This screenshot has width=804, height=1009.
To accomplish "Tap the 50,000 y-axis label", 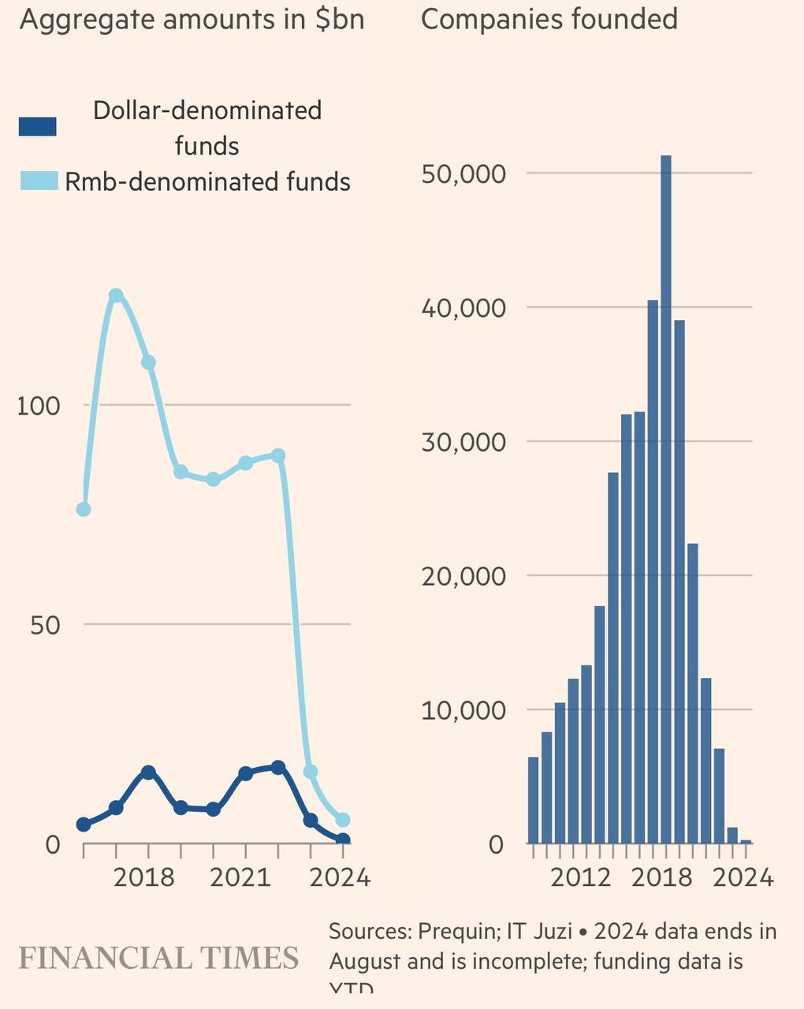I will click(x=463, y=173).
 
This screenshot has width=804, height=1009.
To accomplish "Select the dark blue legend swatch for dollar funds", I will click(x=38, y=126).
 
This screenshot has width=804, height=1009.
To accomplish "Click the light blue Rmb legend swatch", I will click(x=38, y=181).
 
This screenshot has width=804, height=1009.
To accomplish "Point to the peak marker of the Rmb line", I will click(x=116, y=296).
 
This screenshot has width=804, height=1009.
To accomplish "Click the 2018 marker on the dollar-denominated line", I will click(x=148, y=773).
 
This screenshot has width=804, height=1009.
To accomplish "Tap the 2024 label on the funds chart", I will click(x=340, y=877).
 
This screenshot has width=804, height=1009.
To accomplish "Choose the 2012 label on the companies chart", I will click(x=581, y=877).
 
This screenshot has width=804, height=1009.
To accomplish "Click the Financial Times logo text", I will click(x=158, y=959).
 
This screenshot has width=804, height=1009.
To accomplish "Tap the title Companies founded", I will click(x=549, y=19).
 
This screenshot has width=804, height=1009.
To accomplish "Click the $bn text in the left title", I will click(x=340, y=19).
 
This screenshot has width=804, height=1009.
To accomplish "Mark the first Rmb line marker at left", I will click(x=84, y=509).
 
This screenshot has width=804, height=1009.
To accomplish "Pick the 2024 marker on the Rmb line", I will click(x=343, y=820).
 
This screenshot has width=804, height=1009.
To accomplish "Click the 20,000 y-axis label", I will click(x=463, y=576).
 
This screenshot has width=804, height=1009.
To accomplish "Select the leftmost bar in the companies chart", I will click(x=533, y=800).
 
